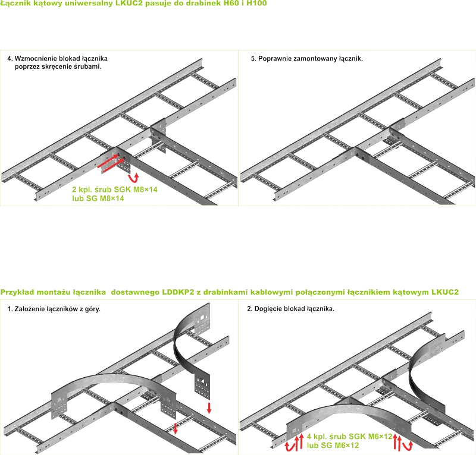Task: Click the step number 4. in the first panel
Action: (10, 58)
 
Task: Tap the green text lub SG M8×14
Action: (98, 198)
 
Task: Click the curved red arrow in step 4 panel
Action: (133, 178)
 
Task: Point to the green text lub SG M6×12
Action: (333, 445)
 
